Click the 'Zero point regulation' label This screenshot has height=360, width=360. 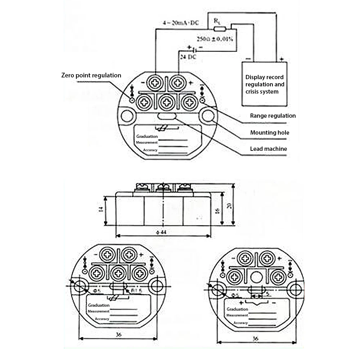coord(91,75)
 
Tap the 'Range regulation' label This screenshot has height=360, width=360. coord(273,116)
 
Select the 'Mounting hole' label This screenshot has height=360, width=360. coord(269,132)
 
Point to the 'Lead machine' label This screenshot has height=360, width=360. coord(268,149)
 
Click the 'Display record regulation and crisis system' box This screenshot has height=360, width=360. coord(264,84)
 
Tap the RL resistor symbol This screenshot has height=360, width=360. coord(220,28)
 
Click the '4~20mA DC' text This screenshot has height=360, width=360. coord(180,23)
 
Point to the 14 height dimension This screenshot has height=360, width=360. coord(102,210)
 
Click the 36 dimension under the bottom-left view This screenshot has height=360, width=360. coord(118,334)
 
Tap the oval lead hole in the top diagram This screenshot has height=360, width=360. coord(166,117)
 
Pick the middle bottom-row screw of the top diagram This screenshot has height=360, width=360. coord(167,103)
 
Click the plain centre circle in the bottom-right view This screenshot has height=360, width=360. coord(257,277)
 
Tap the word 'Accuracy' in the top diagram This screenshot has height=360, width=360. coord(150,150)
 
